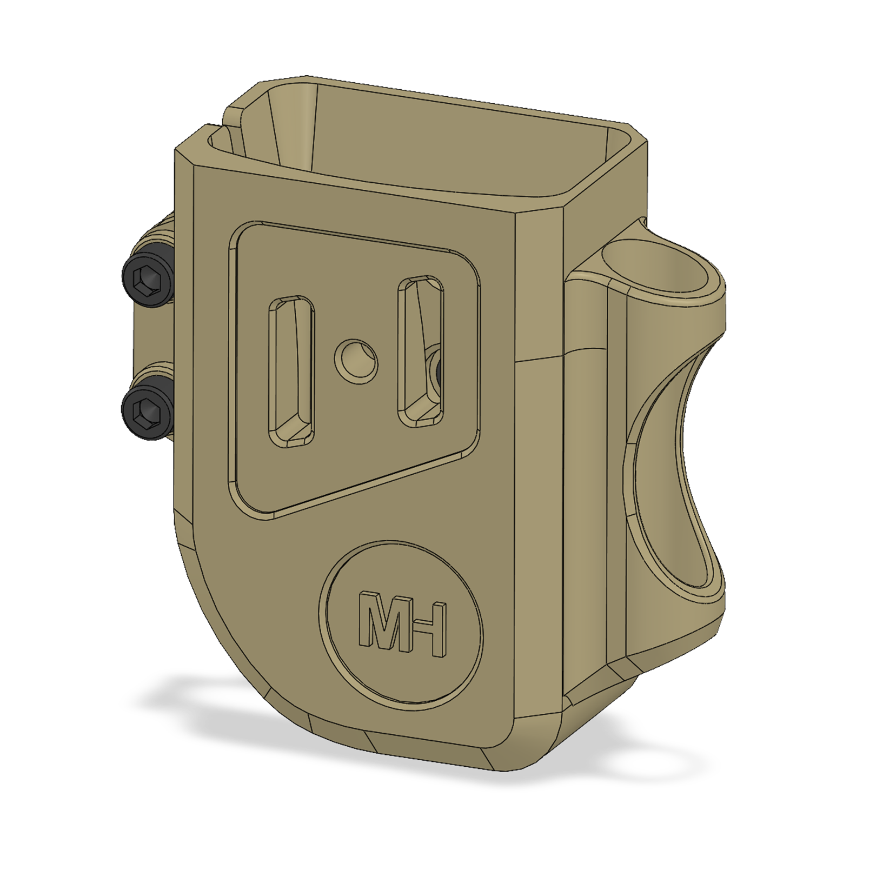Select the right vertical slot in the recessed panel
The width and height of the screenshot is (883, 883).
[x=421, y=351]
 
